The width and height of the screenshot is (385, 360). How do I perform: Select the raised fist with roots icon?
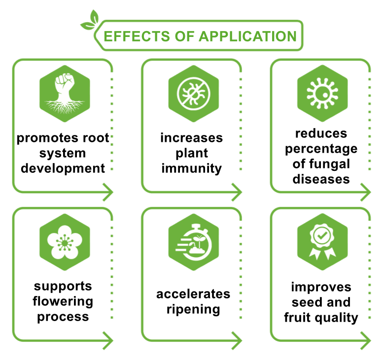64,93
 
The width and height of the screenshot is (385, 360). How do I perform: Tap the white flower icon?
64,241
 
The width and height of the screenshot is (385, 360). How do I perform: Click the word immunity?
192,168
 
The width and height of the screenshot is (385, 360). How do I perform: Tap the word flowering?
63,301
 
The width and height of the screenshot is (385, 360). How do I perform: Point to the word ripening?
193,310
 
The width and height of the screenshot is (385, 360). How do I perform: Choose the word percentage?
321,149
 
